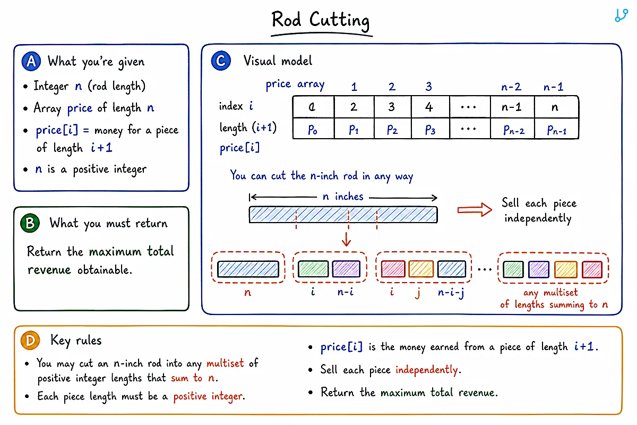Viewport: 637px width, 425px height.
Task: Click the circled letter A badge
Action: (31, 61)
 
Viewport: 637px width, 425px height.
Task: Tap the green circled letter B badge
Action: (30, 223)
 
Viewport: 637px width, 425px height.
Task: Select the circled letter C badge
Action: (221, 61)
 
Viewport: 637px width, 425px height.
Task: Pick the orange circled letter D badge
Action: (30, 340)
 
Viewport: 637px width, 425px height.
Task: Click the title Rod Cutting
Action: (321, 21)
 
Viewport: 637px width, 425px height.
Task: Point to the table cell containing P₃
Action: (431, 129)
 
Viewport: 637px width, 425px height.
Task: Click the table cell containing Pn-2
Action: (512, 129)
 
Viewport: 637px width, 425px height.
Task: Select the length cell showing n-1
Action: (512, 107)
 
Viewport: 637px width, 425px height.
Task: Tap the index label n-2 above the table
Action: (511, 87)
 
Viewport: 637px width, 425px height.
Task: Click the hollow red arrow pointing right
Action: (475, 210)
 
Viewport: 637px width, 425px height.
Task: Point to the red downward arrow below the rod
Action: (346, 239)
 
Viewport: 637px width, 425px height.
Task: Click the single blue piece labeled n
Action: (248, 269)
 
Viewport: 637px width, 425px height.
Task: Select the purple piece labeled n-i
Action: (346, 269)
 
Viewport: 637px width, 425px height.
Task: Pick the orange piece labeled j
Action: (421, 269)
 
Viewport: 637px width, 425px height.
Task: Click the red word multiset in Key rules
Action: (225, 363)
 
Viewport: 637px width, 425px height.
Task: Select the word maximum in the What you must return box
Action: (115, 252)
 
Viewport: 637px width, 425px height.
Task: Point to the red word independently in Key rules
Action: (427, 370)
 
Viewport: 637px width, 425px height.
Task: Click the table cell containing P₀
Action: (313, 129)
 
